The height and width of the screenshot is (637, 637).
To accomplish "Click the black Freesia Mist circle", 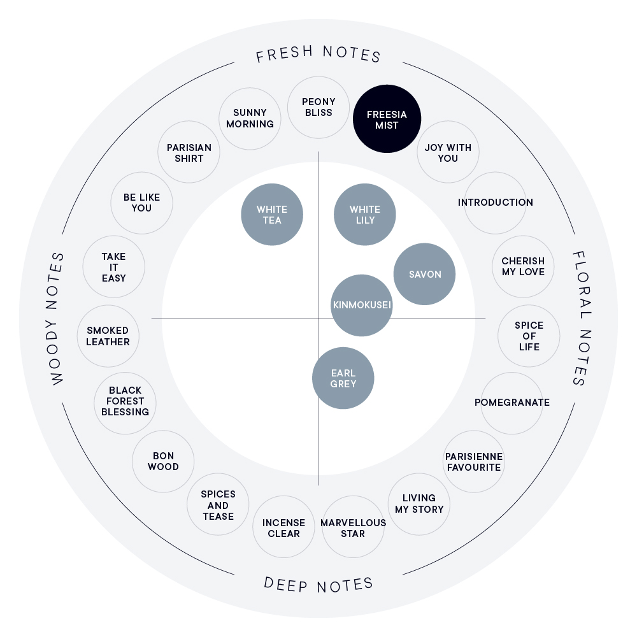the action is (387, 118).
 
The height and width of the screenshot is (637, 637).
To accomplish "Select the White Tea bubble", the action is (272, 215).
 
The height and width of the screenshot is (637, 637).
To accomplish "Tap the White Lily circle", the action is (365, 215).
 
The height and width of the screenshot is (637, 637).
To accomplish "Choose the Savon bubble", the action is (424, 274).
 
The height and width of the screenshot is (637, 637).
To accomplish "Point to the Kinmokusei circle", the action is (362, 306).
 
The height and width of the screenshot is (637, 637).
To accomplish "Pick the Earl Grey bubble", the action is (343, 378).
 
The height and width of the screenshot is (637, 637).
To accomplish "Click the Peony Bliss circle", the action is (318, 107).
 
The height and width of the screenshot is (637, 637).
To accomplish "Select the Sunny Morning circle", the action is (250, 118).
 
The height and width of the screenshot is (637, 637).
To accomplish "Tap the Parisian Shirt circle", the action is (189, 152).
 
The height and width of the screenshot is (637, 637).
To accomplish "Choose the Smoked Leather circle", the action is (108, 336).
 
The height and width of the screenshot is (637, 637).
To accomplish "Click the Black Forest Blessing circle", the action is (125, 403).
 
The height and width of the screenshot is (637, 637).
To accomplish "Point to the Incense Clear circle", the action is (283, 527).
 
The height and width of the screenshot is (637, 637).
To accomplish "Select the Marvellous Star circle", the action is (353, 527).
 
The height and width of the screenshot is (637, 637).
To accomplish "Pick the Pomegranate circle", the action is (512, 403).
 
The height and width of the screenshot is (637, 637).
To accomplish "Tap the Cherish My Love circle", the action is (523, 266).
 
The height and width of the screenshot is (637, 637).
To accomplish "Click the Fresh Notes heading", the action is (318, 54).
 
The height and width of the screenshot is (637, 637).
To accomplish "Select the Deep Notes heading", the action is (318, 585).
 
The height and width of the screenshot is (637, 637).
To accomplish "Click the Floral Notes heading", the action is (582, 318).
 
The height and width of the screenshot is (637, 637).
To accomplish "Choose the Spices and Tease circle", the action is (218, 505).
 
